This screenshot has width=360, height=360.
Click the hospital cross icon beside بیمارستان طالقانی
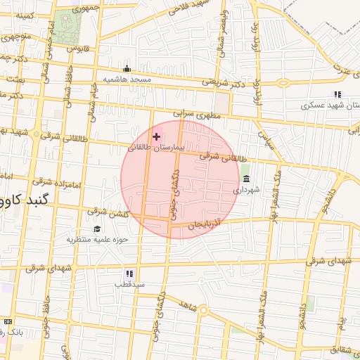click(x=156, y=136)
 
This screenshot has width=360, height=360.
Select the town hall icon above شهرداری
click(x=245, y=179)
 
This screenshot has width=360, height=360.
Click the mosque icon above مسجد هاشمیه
click(x=127, y=69)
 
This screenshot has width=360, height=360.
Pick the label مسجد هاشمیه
click(x=127, y=80)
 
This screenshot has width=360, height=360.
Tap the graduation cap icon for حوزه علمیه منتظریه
click(x=97, y=229)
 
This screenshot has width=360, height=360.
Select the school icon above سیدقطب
click(x=129, y=273)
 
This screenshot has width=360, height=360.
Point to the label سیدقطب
click(x=130, y=284)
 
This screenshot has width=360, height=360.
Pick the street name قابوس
click(x=75, y=49)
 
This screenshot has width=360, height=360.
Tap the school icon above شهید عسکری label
click(x=337, y=94)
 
